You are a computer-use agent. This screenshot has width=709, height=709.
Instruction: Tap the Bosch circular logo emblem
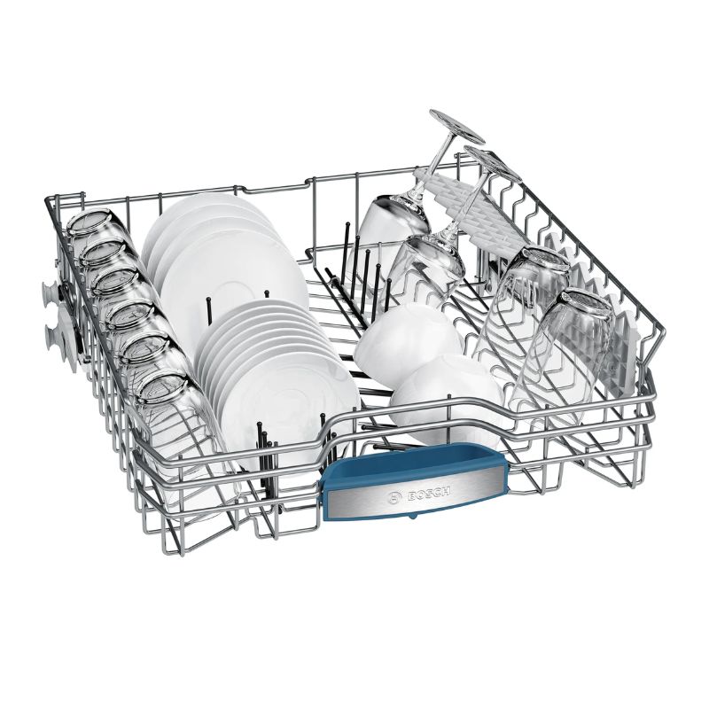396,497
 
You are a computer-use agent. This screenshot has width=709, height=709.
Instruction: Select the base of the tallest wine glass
456,127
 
